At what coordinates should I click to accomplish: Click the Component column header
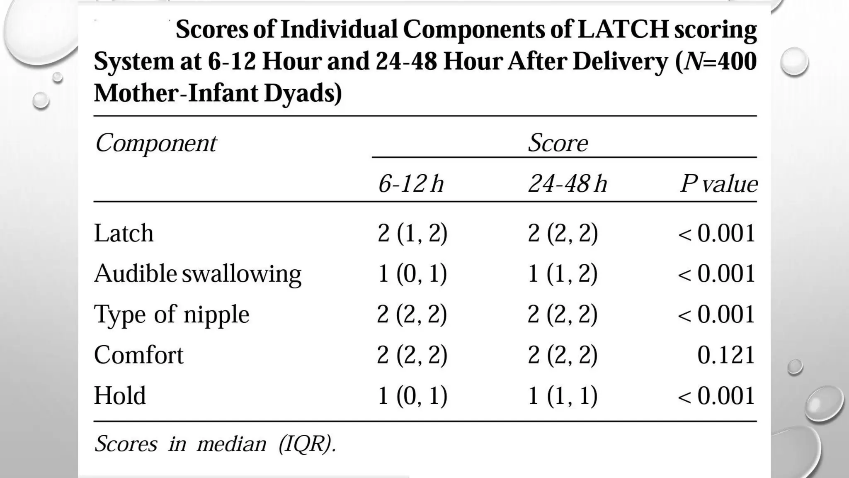coord(155,143)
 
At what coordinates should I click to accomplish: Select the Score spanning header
coord(558,143)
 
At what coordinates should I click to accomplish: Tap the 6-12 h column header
coord(411,183)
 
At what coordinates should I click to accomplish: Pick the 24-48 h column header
coord(567,183)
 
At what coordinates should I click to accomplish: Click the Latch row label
coord(124,233)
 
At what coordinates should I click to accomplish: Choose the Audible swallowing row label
coord(197,273)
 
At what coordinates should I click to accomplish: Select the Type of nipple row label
coord(171,314)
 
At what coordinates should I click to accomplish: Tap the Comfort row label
coord(138,355)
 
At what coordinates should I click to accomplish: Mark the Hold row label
coord(120,395)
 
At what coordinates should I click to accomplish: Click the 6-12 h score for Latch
coord(412,233)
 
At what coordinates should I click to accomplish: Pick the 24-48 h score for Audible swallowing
coord(563,273)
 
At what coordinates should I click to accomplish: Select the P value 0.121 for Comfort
coord(725,355)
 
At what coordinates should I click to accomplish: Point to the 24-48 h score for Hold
coord(563,395)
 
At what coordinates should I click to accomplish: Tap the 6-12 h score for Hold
coord(412,395)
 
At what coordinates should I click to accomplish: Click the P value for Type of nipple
coord(716,314)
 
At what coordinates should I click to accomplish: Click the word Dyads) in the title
coord(303,93)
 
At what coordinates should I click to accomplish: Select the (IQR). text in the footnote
coord(307,444)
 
